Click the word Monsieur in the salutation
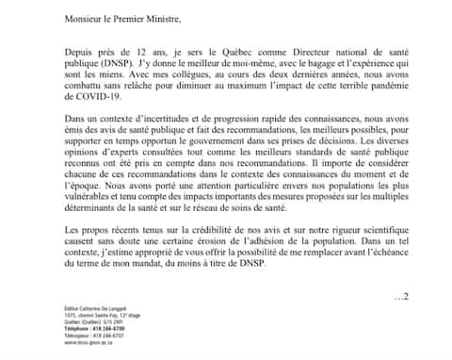[x=84, y=17]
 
